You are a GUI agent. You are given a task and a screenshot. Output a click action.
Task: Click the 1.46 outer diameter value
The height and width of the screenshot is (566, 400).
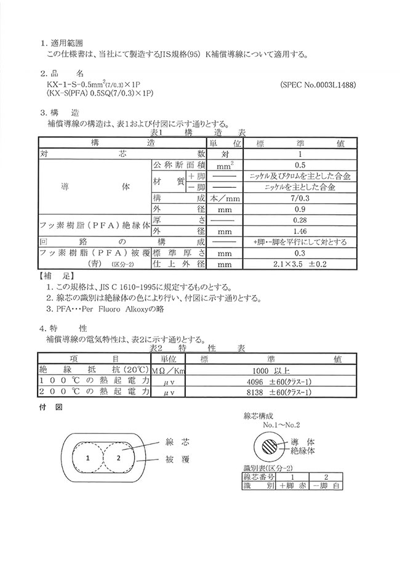[x=300, y=231]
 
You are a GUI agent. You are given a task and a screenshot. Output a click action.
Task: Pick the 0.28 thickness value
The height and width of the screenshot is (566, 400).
[x=300, y=220]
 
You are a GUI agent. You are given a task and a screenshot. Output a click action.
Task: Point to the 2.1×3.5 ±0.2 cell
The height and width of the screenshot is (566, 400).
[x=300, y=264]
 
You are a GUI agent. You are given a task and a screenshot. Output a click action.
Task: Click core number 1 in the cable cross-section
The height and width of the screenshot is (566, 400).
[x=87, y=458]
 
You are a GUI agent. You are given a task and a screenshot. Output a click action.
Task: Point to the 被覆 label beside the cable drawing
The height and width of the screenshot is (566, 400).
[x=177, y=459]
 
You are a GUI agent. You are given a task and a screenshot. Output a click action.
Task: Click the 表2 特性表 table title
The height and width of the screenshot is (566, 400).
[x=198, y=348]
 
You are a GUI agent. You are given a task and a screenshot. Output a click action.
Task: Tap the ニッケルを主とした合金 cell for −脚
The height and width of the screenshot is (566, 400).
[x=300, y=187]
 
